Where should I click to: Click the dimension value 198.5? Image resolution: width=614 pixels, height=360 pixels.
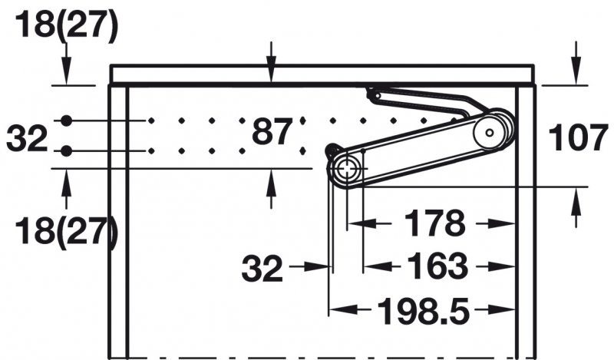point(423,312)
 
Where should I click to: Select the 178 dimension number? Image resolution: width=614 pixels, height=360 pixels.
point(434,223)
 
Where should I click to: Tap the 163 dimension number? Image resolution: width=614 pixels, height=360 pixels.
point(437,266)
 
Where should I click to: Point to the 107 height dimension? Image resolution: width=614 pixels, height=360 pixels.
point(579,137)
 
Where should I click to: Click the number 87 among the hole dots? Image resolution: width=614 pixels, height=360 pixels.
point(272,131)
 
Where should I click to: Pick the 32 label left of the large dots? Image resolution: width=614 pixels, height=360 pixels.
point(27,138)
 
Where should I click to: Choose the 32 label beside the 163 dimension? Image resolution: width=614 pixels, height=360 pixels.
point(262,269)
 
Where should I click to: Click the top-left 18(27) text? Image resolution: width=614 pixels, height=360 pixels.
point(66,25)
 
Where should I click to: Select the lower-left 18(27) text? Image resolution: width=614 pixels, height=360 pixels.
point(66,232)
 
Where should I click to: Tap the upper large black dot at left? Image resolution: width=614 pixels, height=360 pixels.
point(67,121)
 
